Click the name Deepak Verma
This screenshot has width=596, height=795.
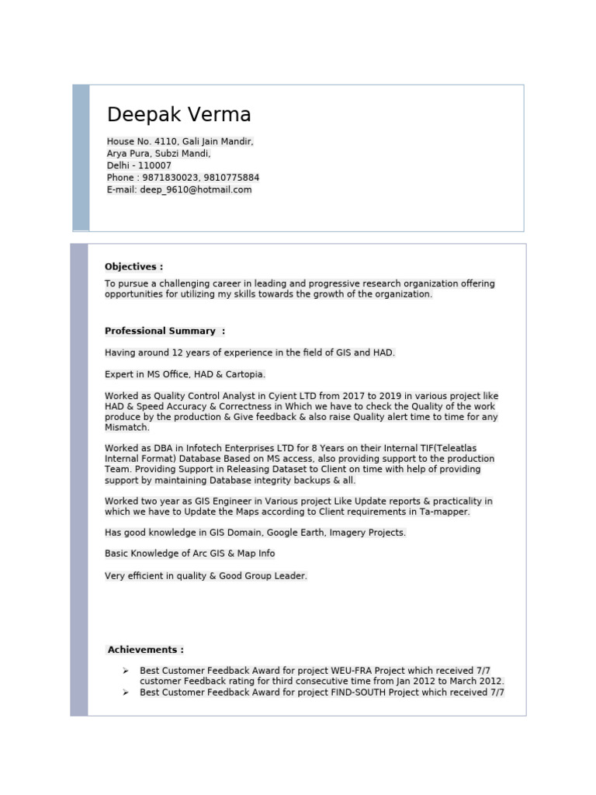pyautogui.click(x=179, y=115)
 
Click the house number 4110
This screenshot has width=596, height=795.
pyautogui.click(x=166, y=141)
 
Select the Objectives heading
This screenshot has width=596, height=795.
pyautogui.click(x=133, y=266)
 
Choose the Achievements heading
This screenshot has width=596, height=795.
pyautogui.click(x=146, y=650)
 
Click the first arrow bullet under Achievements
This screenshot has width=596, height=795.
pyautogui.click(x=125, y=670)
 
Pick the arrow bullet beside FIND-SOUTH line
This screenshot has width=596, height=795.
pyautogui.click(x=125, y=692)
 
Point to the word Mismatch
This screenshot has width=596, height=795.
pyautogui.click(x=127, y=428)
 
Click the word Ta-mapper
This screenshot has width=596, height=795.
pyautogui.click(x=445, y=512)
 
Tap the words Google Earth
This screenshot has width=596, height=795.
pyautogui.click(x=267, y=533)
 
